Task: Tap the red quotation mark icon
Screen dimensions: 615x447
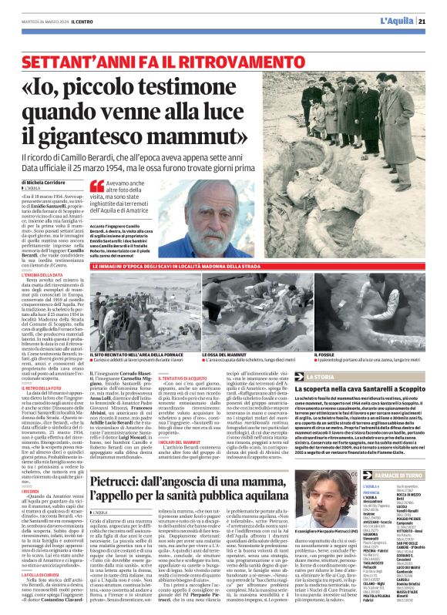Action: (x=96, y=185)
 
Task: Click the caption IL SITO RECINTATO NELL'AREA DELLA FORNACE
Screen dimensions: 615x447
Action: (x=137, y=353)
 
